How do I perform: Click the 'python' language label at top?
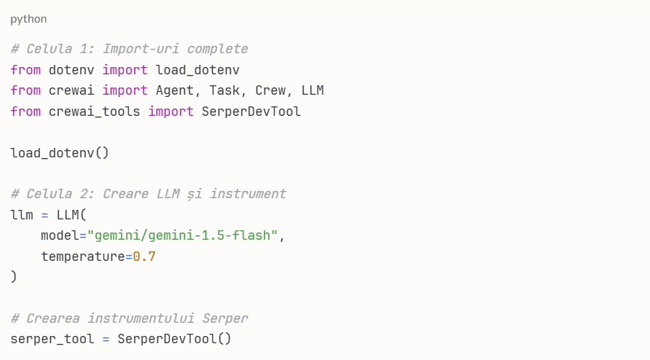pyautogui.click(x=28, y=19)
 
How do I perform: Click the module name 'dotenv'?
pyautogui.click(x=71, y=70)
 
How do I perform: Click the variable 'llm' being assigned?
pyautogui.click(x=22, y=215)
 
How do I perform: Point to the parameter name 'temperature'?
pyautogui.click(x=82, y=257)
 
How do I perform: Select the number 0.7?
pyautogui.click(x=144, y=257)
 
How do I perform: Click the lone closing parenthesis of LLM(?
pyautogui.click(x=14, y=277)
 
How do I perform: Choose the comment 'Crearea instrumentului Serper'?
pyautogui.click(x=129, y=318)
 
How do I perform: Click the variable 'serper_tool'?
pyautogui.click(x=52, y=339)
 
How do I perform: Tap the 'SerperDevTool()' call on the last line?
pyautogui.click(x=174, y=339)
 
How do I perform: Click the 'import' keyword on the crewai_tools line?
pyautogui.click(x=171, y=111)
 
